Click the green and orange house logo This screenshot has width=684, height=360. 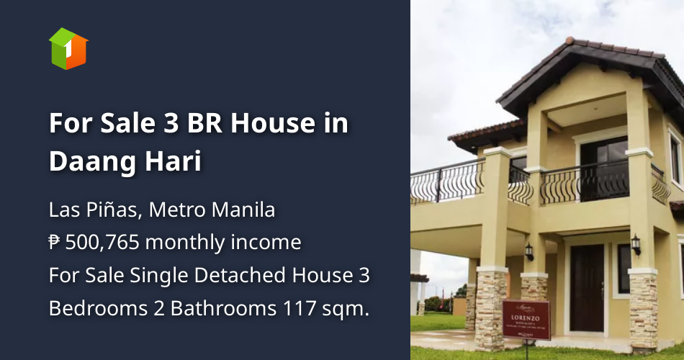click(68, 48)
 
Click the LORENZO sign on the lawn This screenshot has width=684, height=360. click(526, 318)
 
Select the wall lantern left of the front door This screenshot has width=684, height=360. click(529, 251)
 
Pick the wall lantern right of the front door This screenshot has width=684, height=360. click(636, 244)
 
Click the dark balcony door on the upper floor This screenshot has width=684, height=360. click(604, 170)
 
